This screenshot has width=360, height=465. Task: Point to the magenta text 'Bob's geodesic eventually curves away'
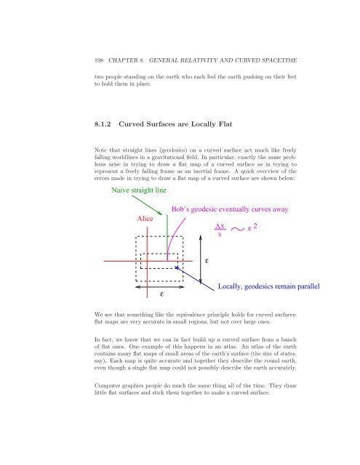point(231,209)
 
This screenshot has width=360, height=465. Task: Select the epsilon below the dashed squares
point(161,294)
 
